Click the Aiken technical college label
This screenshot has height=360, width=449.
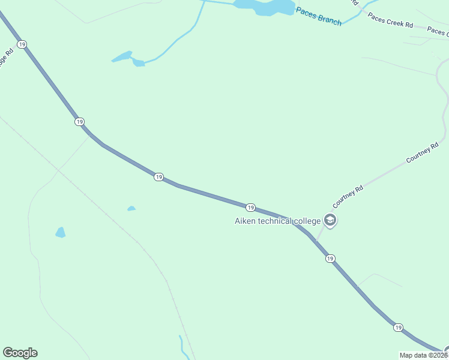point(277,221)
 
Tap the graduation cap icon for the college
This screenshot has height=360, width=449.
point(330,221)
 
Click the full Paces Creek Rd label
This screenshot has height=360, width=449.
point(390,21)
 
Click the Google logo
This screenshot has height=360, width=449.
point(20,353)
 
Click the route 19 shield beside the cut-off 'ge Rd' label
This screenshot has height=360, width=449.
point(22,44)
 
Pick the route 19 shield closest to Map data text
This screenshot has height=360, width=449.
point(398,328)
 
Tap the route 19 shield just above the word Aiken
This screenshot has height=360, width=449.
point(251,208)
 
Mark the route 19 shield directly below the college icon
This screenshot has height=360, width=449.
point(330,258)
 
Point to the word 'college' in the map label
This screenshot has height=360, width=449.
point(307,221)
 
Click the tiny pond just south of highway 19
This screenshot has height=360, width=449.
point(131,209)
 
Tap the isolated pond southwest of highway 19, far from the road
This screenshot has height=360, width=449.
point(60,232)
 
